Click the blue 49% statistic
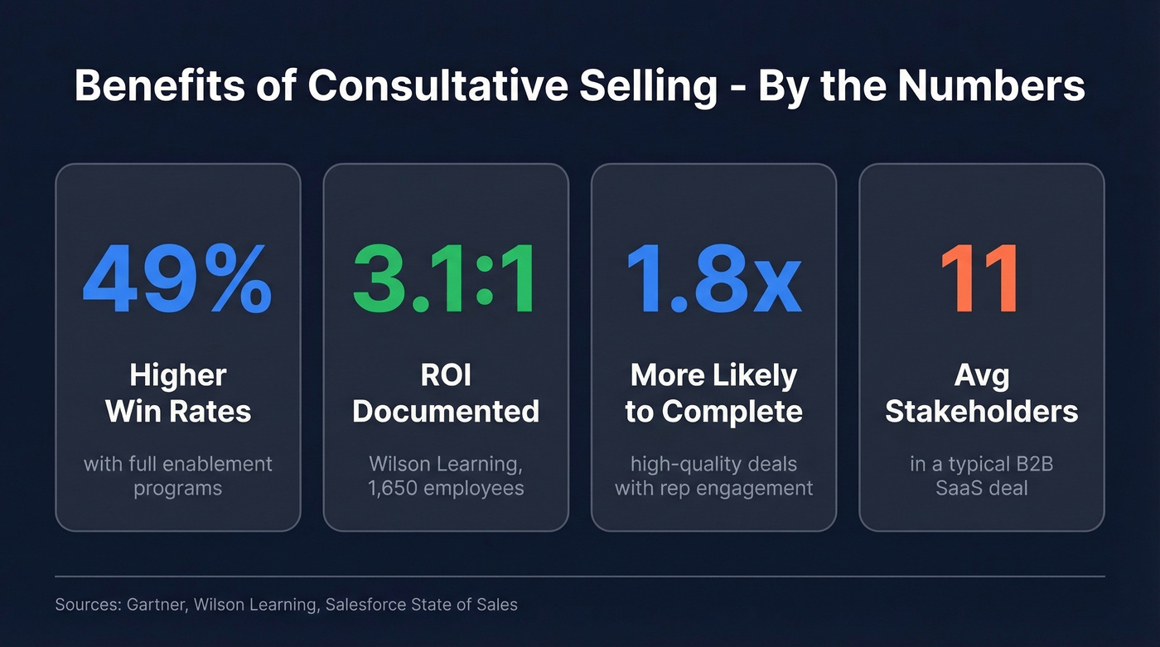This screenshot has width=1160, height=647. [177, 280]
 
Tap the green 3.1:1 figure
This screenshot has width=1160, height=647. [445, 280]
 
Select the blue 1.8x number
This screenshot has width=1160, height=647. [713, 280]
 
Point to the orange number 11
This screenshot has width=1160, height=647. [980, 280]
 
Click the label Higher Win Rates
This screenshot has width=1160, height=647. [177, 394]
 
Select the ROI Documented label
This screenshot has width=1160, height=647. [446, 394]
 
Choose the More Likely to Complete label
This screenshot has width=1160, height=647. [713, 394]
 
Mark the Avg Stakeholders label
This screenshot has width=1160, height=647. [982, 394]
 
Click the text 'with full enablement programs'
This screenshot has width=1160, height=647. [177, 476]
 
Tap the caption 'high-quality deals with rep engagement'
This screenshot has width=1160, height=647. [713, 476]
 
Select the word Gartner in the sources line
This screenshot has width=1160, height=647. [157, 605]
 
